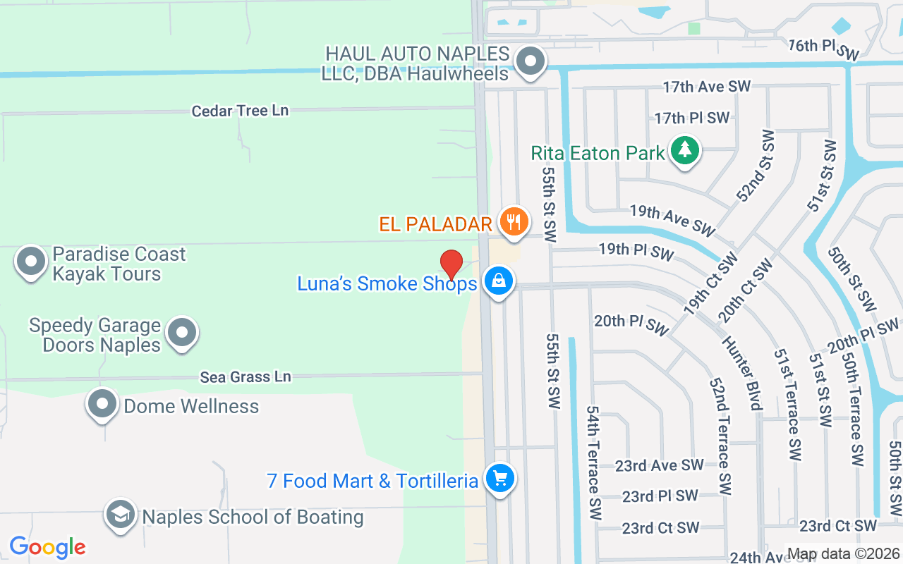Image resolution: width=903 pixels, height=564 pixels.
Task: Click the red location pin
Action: click(x=451, y=264)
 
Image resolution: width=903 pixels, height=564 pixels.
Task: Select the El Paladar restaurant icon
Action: click(x=514, y=222)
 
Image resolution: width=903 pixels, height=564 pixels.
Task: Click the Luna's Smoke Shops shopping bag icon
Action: click(x=499, y=281)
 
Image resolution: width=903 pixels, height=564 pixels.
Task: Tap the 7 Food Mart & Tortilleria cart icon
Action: click(x=500, y=479)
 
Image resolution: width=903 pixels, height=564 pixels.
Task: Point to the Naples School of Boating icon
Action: click(x=121, y=515)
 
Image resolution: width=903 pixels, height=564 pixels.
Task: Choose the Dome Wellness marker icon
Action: click(x=103, y=405)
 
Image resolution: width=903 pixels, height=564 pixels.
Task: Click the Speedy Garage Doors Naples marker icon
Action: click(x=182, y=332)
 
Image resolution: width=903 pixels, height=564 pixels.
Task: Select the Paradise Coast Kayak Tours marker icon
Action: click(x=31, y=262)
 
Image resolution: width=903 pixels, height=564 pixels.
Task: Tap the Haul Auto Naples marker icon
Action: click(x=530, y=61)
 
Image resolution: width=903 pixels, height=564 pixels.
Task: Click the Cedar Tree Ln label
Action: click(x=241, y=111)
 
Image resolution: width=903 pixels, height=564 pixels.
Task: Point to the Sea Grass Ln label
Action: click(x=246, y=377)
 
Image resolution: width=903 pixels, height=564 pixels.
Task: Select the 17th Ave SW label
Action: click(x=706, y=87)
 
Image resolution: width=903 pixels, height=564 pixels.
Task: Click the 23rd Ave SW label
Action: click(x=659, y=465)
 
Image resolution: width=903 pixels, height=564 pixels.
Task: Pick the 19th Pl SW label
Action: click(x=636, y=251)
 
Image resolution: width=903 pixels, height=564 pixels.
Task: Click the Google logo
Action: click(x=47, y=547)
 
